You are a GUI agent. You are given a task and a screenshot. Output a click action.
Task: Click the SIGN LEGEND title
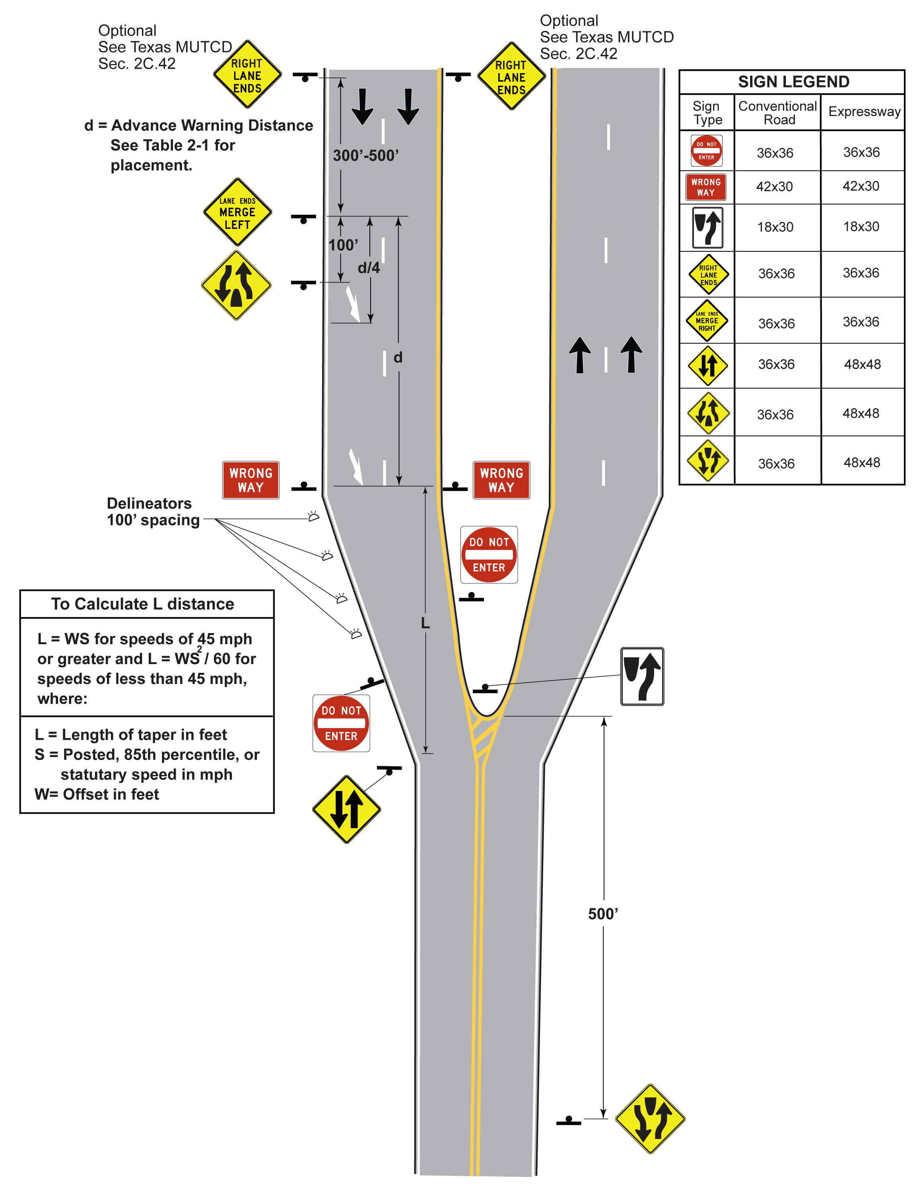[793, 82]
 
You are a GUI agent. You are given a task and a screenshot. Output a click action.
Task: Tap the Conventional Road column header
[777, 113]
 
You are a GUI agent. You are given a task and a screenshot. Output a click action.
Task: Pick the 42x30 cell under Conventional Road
[774, 187]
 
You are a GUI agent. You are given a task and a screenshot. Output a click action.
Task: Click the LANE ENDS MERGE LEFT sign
[237, 212]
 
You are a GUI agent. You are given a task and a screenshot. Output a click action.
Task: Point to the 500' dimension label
[602, 914]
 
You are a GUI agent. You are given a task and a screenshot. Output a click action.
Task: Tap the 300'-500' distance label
[366, 156]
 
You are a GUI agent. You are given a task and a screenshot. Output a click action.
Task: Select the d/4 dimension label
[368, 268]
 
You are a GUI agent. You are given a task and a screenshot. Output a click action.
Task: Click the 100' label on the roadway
[343, 245]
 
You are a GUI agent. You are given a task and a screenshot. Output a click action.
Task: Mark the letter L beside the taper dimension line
[425, 624]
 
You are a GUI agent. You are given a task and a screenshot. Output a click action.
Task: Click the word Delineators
[149, 503]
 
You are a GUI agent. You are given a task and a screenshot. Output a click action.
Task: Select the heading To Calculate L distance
[142, 604]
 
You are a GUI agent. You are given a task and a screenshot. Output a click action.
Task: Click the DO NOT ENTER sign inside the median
[489, 555]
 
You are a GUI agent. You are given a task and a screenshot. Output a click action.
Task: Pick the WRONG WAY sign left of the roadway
[251, 480]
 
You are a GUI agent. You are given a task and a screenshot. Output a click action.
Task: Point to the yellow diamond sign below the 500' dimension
[650, 1119]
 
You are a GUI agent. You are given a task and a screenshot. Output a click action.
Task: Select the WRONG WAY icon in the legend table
[706, 187]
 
